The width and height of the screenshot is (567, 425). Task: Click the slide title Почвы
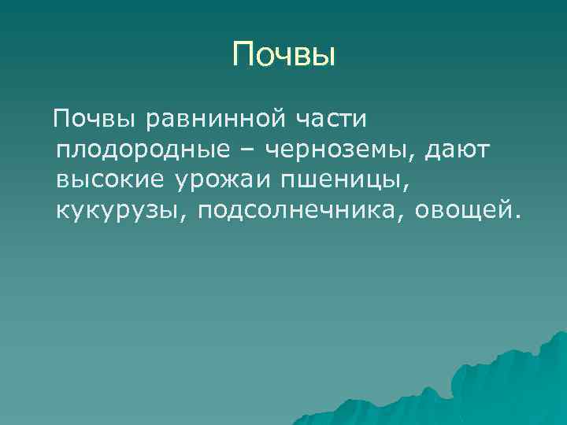point(284,55)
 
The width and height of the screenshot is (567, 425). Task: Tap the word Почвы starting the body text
point(87,120)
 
